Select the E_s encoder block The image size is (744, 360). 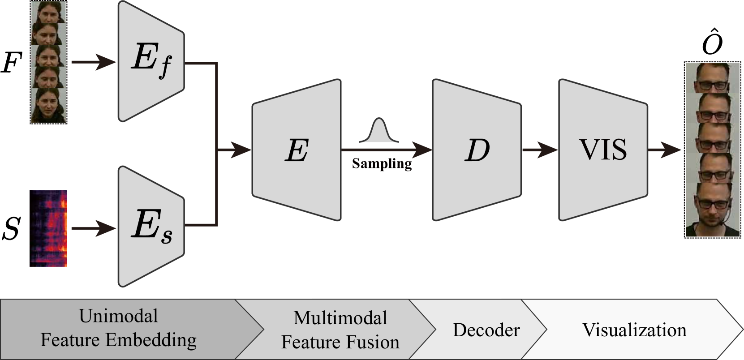point(151,227)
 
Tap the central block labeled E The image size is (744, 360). point(297,150)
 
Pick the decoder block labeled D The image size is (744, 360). point(477,150)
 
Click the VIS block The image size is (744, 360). point(603,150)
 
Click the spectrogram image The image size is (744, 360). point(49,228)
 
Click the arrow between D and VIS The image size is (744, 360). point(540,150)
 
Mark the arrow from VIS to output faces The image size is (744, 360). point(666,150)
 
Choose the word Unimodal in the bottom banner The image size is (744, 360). point(119,316)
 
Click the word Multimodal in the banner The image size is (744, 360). point(340,318)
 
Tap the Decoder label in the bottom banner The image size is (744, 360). point(486,330)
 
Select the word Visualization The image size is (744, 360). point(634,330)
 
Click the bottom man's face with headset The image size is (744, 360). point(712,210)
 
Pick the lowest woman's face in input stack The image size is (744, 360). point(48,105)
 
